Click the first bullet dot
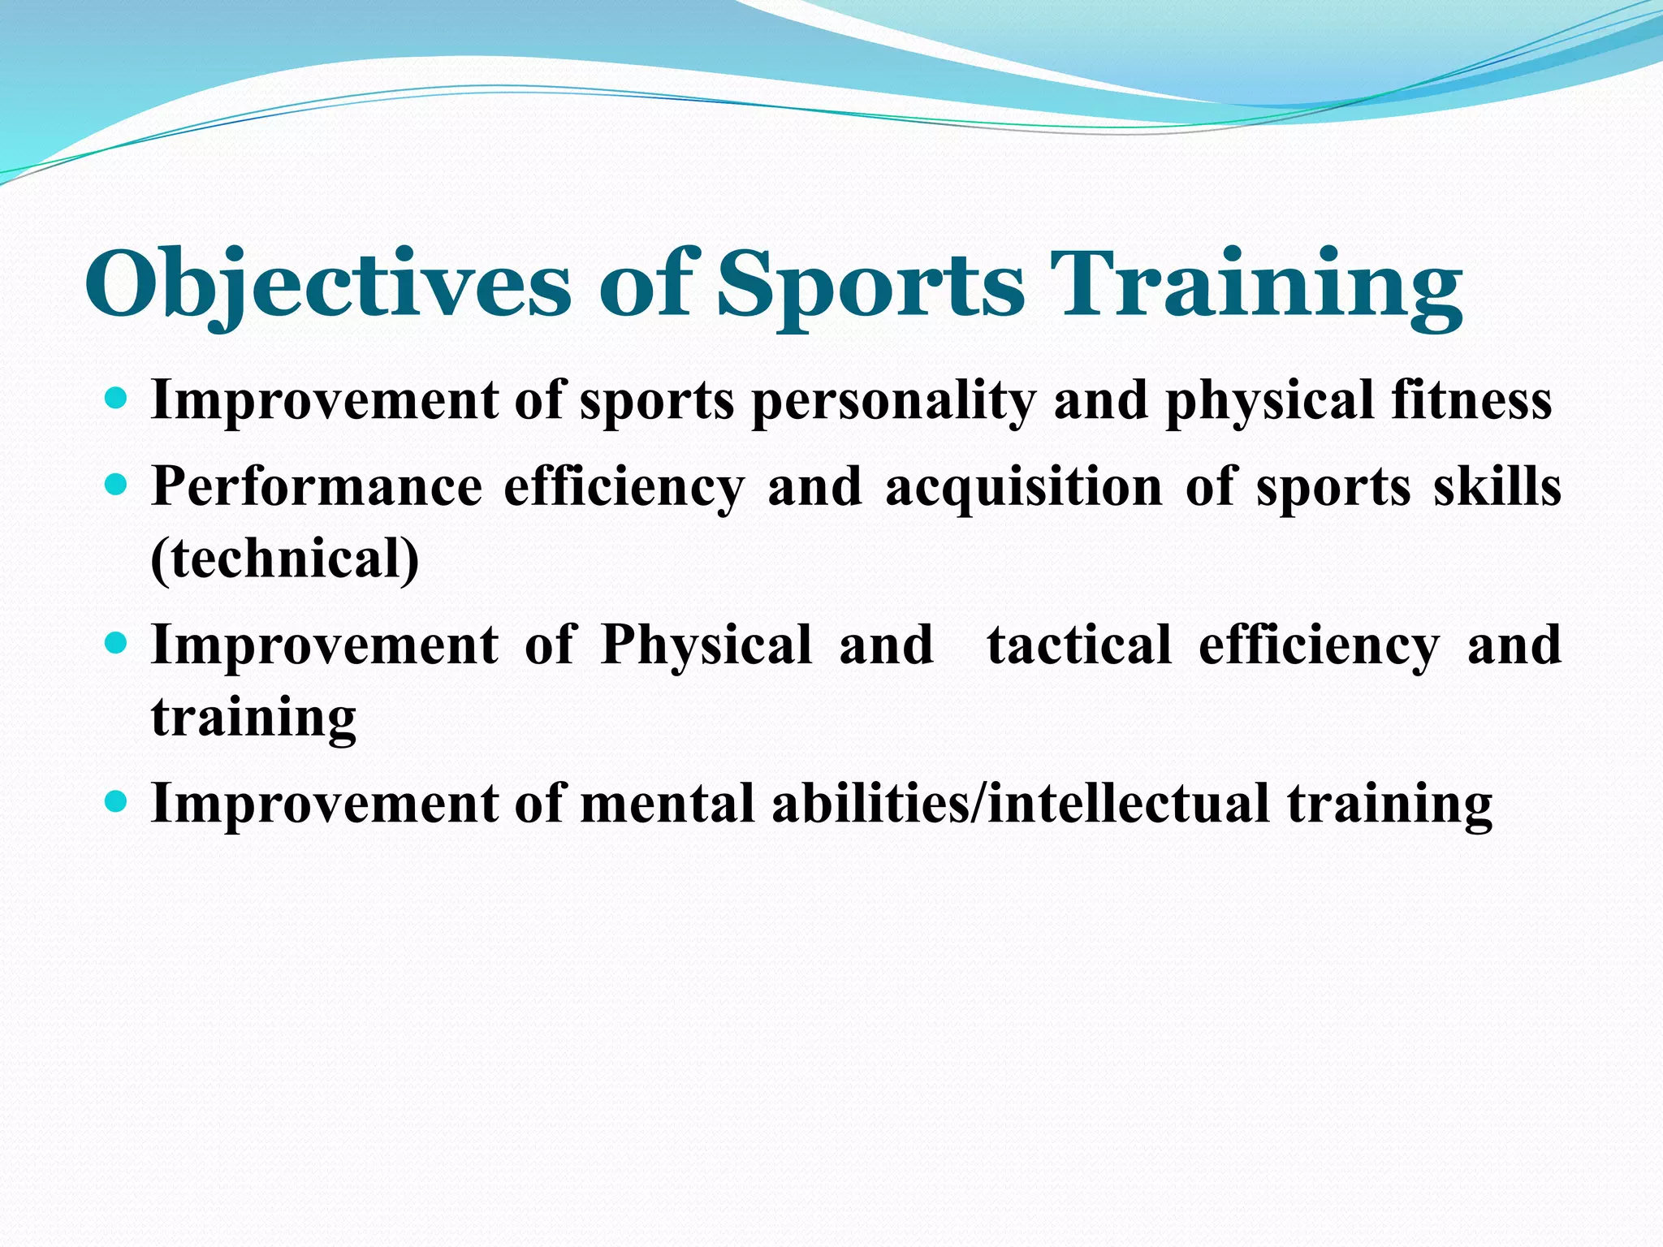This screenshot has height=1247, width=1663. click(117, 399)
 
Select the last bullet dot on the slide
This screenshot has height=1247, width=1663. click(117, 802)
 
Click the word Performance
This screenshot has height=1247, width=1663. click(317, 487)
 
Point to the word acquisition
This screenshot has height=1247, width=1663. click(1024, 487)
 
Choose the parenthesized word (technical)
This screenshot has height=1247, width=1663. click(285, 559)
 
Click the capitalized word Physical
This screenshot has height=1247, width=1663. click(706, 645)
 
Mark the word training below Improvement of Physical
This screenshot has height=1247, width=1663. click(253, 718)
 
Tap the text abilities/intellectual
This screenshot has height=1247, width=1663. click(1020, 804)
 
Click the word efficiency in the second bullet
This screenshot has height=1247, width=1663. click(624, 487)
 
